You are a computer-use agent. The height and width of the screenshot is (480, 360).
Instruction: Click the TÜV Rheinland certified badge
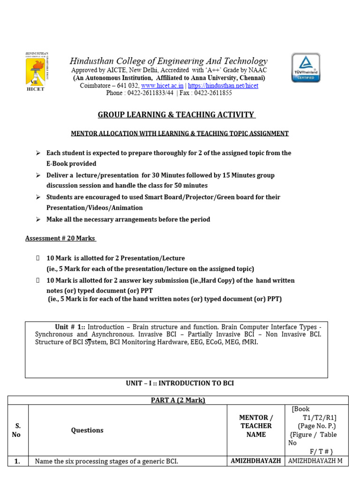pos(306,67)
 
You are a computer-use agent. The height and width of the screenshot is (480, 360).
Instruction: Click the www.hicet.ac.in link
pos(162,86)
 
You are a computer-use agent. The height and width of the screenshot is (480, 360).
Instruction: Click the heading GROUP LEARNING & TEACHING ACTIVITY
pos(176,115)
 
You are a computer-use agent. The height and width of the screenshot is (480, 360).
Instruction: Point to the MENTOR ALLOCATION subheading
pos(180,134)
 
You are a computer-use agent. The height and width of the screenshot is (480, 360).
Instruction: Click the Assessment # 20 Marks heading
pos(60,238)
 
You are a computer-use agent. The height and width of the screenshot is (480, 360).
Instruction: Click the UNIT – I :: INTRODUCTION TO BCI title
pos(180,383)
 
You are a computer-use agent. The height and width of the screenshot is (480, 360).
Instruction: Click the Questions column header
pos(87,430)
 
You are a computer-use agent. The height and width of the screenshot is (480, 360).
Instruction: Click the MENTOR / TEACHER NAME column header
pos(256,426)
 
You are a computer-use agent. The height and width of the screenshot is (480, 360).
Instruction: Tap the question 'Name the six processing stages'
pos(106,461)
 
